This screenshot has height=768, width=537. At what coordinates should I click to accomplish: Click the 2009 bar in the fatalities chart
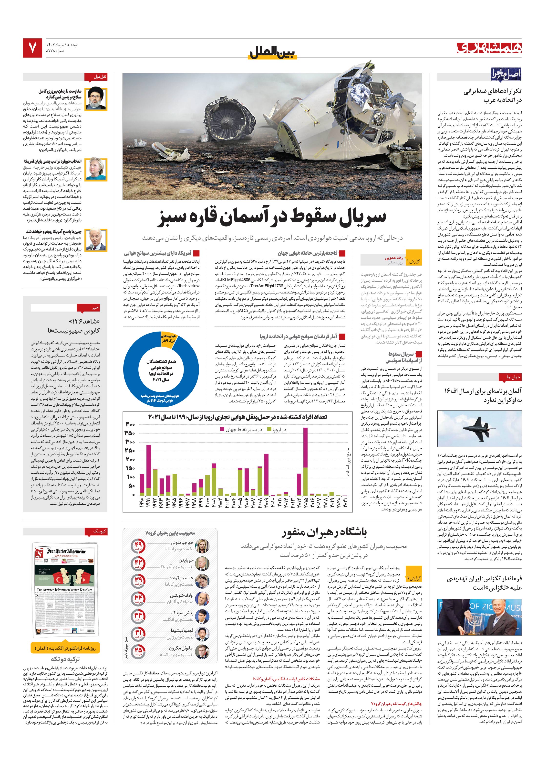click(x=266, y=474)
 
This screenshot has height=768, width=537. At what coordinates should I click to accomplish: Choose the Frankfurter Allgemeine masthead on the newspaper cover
click(x=66, y=552)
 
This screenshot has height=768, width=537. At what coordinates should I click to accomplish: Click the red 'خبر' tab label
click(x=96, y=307)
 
